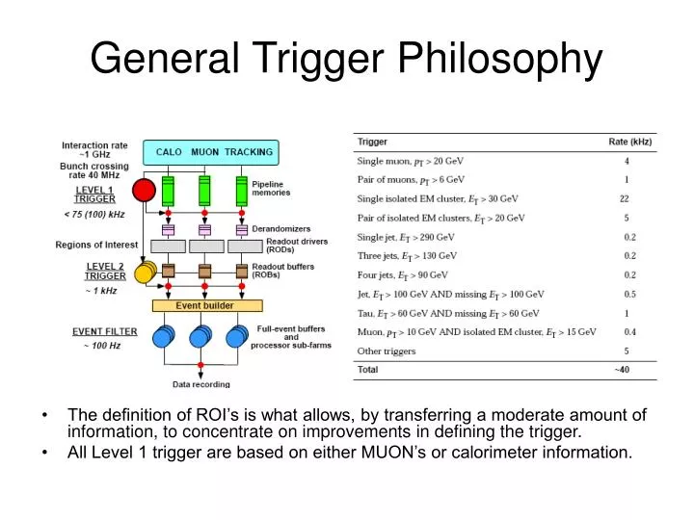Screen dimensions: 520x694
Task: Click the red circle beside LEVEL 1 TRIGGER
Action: point(144,190)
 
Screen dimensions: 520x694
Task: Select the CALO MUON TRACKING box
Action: point(208,152)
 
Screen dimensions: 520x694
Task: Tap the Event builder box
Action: point(206,305)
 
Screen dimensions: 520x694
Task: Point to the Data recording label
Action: point(201,384)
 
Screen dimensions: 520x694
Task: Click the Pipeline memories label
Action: point(271,188)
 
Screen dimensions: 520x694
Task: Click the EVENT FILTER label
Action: point(105,331)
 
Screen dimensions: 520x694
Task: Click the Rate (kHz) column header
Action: point(630,143)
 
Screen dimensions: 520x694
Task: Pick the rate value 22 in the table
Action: point(625,198)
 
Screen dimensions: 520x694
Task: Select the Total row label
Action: point(368,370)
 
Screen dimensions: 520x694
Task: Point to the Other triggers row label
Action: point(387,351)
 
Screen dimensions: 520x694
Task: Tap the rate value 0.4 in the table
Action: point(628,332)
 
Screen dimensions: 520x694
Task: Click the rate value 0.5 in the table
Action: point(628,294)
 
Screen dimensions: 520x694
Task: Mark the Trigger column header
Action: point(373,143)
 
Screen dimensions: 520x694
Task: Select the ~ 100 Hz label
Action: point(101,346)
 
